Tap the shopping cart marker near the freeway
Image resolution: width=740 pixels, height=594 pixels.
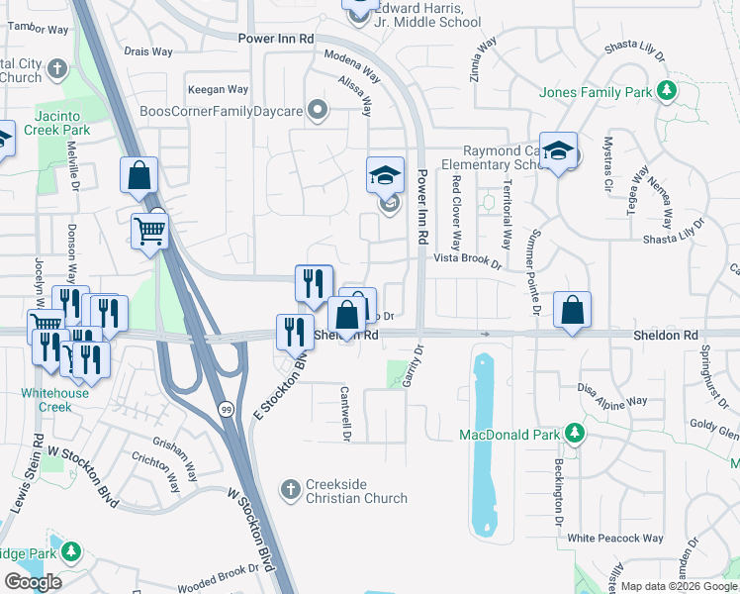(149, 232)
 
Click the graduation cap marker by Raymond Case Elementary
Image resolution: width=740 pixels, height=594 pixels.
(558, 151)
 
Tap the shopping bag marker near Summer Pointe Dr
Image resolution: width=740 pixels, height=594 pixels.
(572, 310)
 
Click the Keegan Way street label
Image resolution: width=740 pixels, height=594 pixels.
(219, 89)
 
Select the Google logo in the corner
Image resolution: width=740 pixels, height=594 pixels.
(33, 581)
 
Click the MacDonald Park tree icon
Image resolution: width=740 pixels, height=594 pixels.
(574, 434)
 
